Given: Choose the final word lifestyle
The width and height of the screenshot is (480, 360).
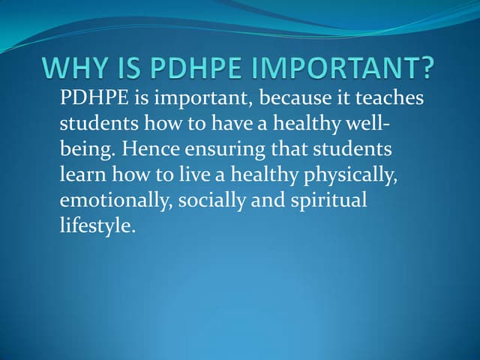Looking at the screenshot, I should click(x=97, y=225).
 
